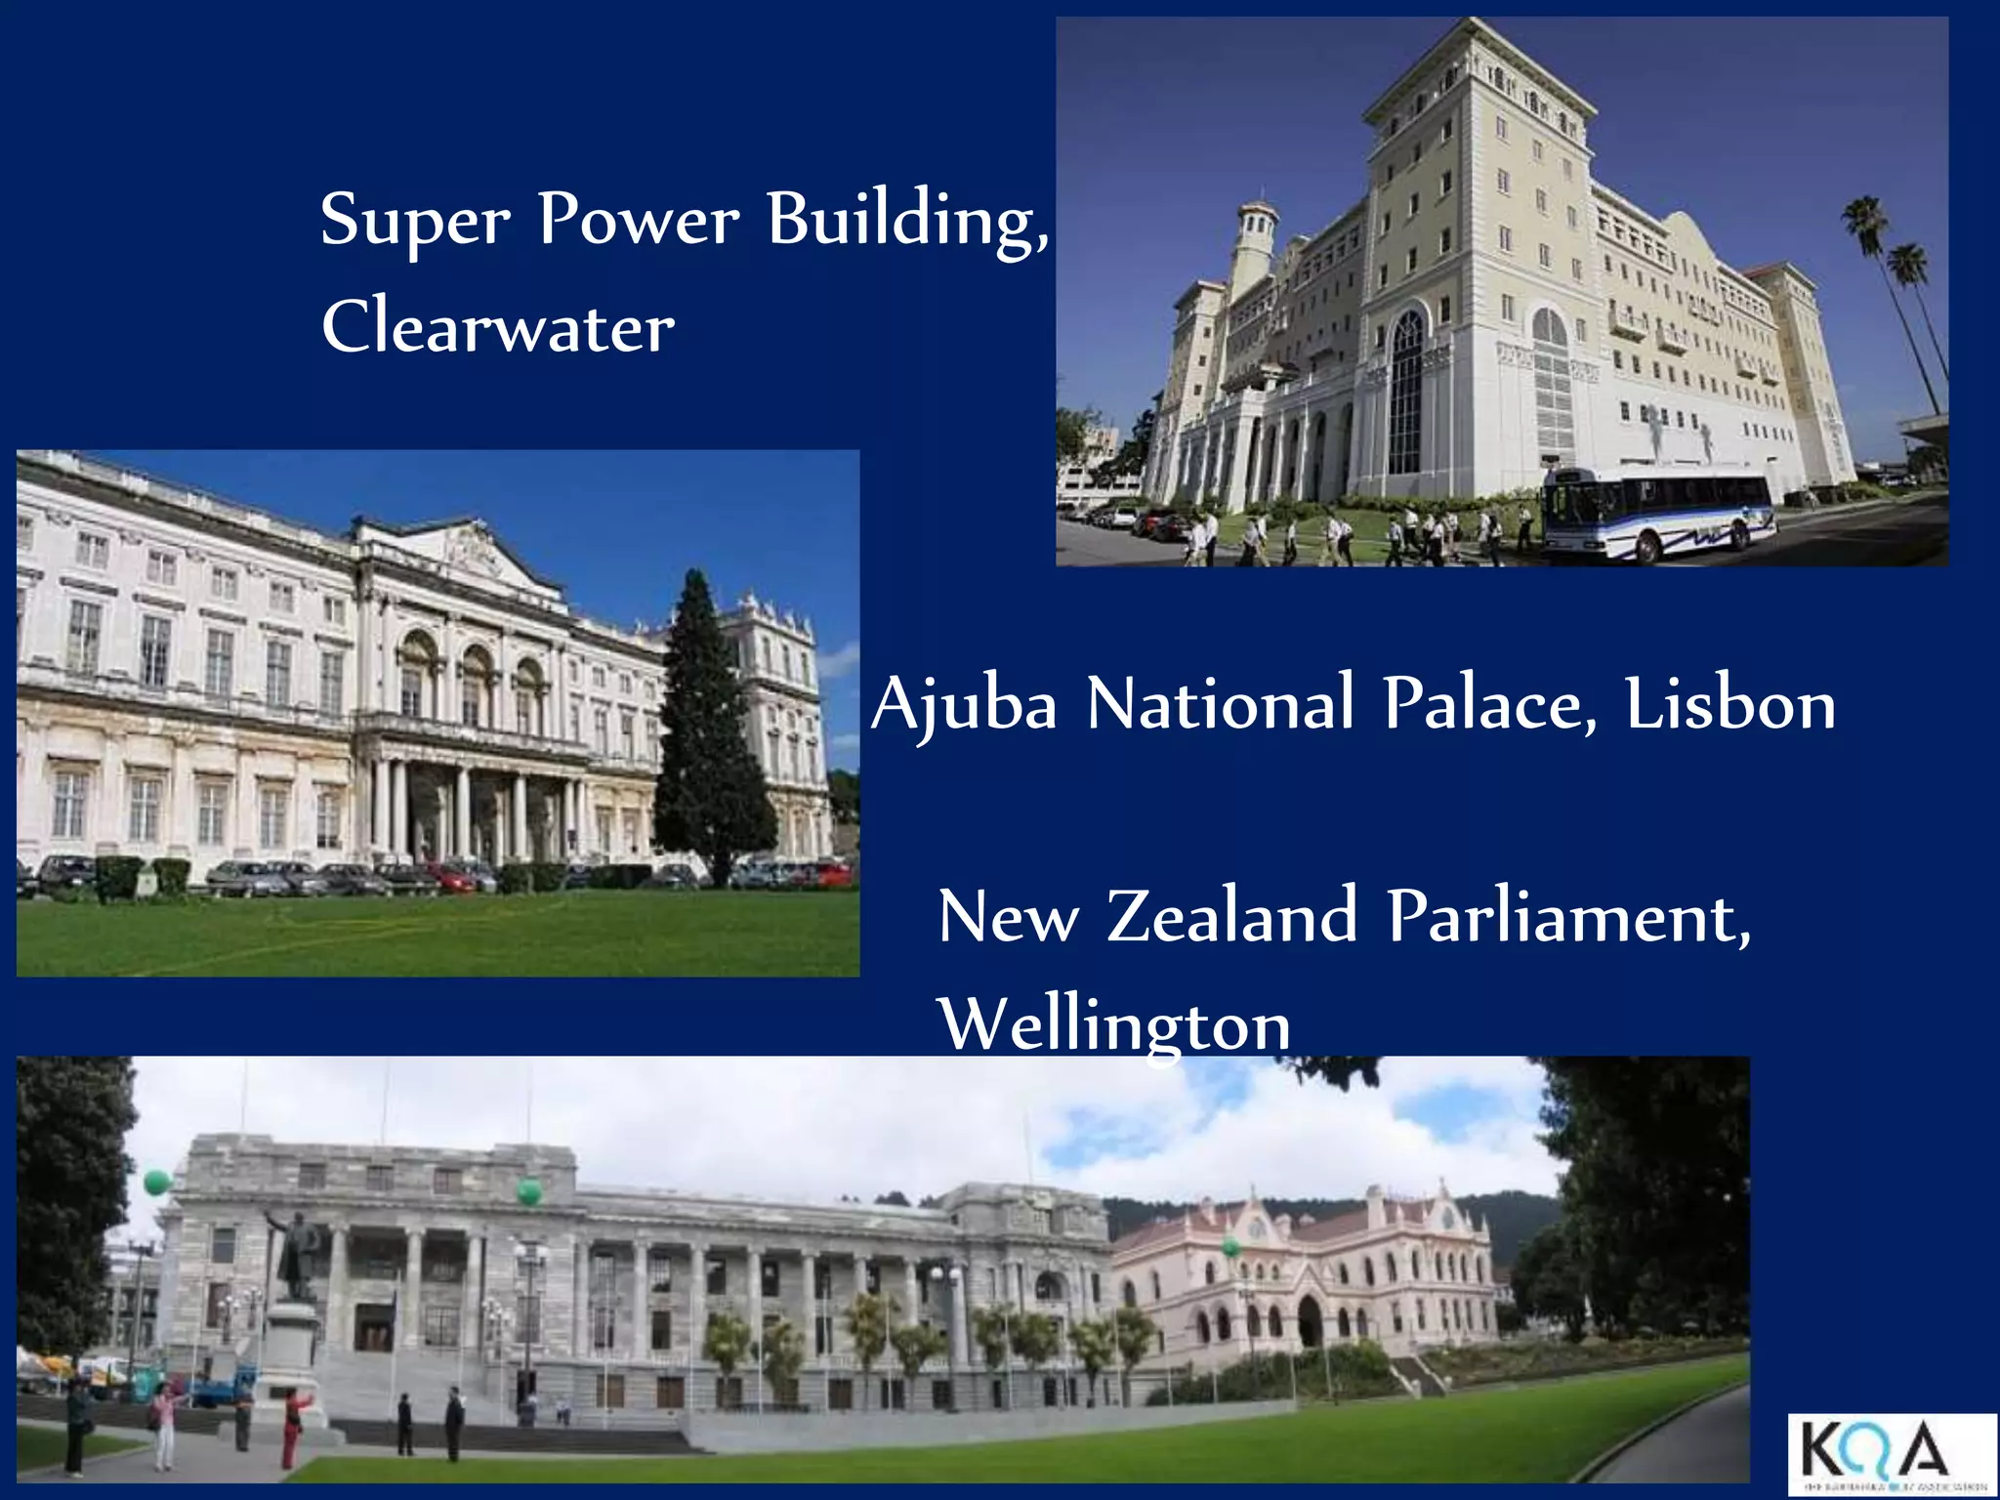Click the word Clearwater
click(x=498, y=327)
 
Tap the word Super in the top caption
click(x=415, y=221)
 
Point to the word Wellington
click(x=1114, y=1025)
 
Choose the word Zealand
click(x=1232, y=917)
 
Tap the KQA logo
click(x=1892, y=1454)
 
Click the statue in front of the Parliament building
click(x=297, y=1255)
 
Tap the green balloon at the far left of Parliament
click(x=156, y=1183)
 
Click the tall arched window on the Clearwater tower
click(x=1406, y=391)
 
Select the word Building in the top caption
click(x=907, y=221)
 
